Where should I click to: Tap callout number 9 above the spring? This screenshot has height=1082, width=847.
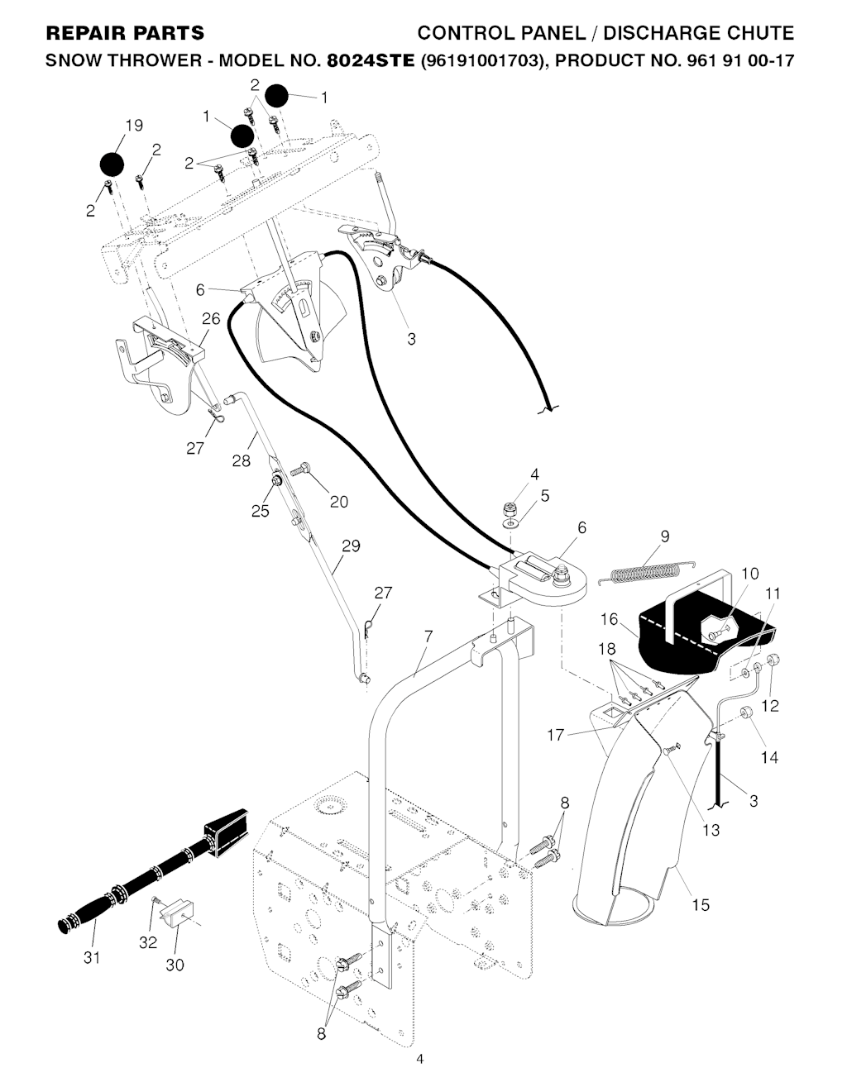(665, 536)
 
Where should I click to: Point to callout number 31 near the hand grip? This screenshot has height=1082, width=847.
(93, 957)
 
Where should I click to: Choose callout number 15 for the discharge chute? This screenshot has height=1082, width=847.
(700, 904)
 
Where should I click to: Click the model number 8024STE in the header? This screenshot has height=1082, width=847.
(371, 60)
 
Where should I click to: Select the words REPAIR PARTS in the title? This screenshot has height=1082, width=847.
(125, 33)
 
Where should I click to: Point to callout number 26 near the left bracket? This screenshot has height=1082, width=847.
(211, 318)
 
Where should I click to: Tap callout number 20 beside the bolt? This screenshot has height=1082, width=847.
(339, 501)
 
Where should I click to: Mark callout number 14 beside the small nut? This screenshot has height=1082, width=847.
(769, 756)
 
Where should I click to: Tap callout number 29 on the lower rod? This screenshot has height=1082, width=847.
(351, 546)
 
